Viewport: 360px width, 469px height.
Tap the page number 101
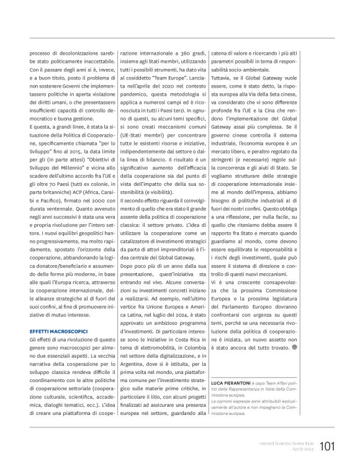328,445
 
